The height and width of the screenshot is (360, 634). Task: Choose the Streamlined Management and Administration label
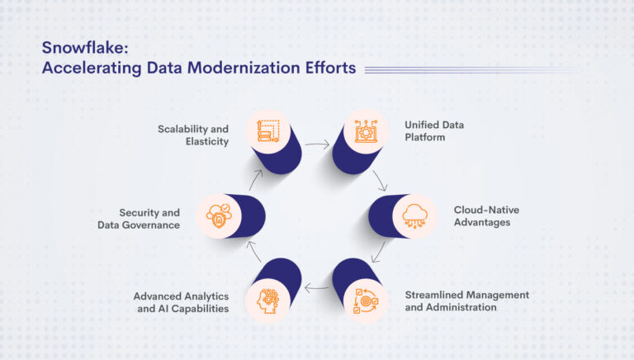[x=466, y=301]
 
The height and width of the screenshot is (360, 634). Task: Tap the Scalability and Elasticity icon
[x=269, y=131]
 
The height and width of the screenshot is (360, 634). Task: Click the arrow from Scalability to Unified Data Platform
[x=316, y=144]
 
